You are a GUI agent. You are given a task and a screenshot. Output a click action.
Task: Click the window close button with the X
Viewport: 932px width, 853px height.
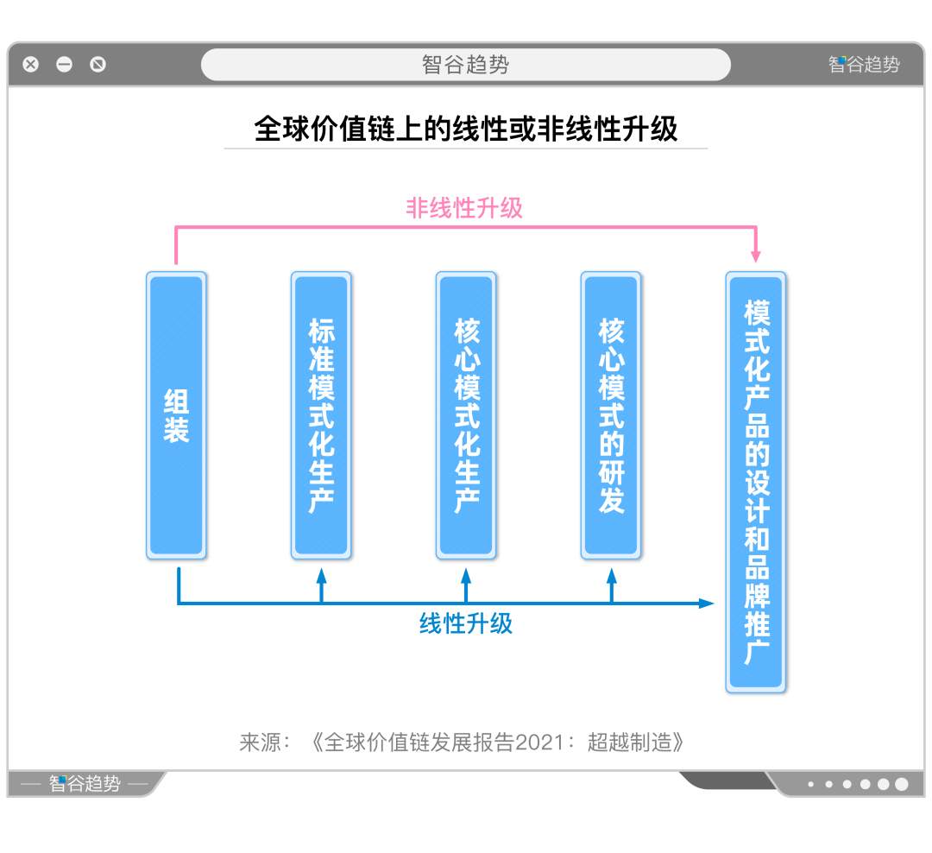(31, 64)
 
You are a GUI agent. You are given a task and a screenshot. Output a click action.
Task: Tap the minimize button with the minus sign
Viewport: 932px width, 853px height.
(64, 64)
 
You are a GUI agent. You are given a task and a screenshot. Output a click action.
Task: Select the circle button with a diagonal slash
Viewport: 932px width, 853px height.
(98, 64)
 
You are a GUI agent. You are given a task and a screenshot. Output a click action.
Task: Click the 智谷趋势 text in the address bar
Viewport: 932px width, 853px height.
(465, 64)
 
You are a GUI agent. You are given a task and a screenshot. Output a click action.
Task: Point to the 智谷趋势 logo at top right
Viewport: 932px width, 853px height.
(864, 64)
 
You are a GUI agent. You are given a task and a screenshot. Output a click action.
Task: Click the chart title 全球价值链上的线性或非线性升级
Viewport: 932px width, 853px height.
(466, 129)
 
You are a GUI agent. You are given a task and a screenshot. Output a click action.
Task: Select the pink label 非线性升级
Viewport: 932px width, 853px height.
(464, 208)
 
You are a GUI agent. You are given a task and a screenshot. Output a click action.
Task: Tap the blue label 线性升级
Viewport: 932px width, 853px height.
(466, 623)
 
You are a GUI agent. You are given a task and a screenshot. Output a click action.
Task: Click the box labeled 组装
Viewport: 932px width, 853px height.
(177, 415)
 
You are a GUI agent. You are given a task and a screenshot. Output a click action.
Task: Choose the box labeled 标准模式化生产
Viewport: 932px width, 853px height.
(321, 415)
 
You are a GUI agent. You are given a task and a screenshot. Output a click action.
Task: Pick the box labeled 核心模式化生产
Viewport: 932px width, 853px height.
(466, 415)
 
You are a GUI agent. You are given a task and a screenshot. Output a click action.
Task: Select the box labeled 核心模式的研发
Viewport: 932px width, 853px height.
(611, 415)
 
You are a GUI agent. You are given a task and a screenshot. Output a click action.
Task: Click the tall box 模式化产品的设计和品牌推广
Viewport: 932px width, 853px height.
(756, 483)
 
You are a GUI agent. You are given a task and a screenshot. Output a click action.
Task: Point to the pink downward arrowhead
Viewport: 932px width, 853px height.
(756, 256)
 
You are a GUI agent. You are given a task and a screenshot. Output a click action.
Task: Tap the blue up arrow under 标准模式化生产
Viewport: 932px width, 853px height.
(322, 585)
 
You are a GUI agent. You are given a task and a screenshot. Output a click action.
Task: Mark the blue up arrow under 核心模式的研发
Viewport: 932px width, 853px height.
(612, 585)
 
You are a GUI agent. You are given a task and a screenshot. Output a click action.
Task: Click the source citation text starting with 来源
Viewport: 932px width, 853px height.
(462, 742)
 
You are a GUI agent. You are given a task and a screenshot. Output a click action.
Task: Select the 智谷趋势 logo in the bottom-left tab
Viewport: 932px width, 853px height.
(85, 783)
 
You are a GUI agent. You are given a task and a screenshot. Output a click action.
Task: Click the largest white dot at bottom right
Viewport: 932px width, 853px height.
(902, 784)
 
